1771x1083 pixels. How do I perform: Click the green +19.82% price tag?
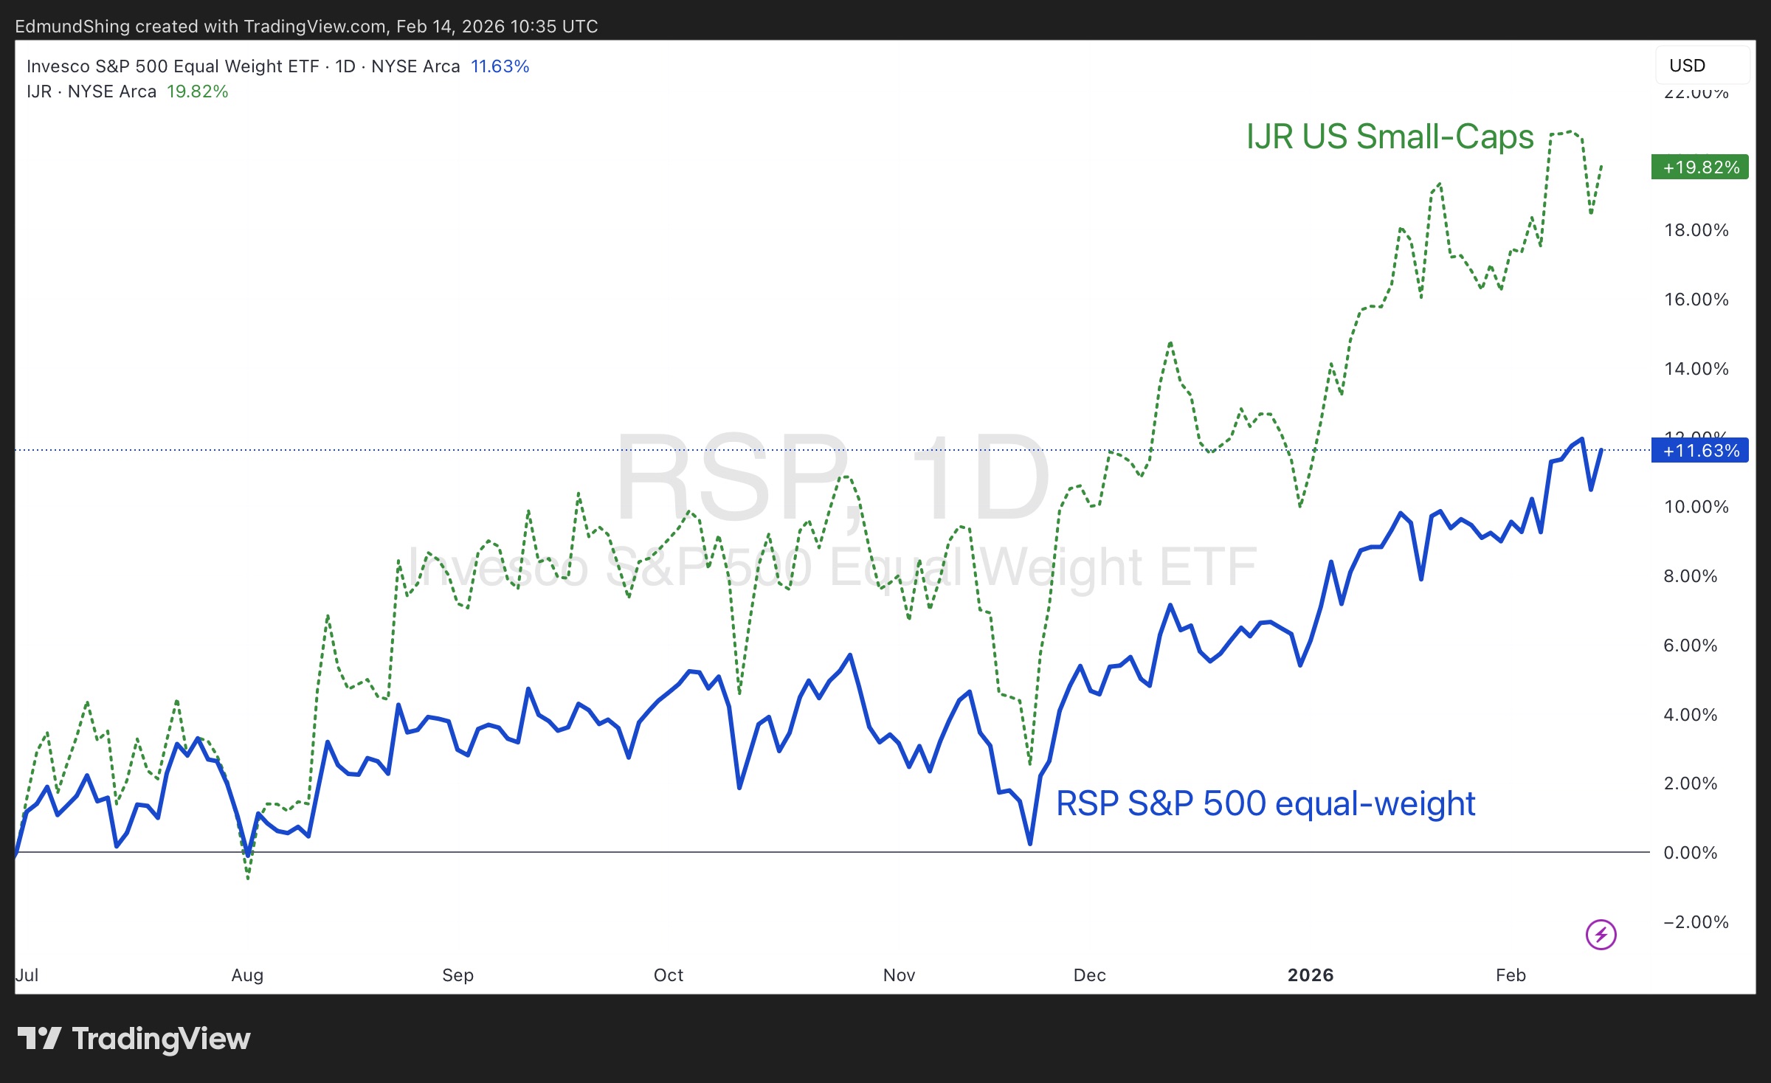coord(1699,167)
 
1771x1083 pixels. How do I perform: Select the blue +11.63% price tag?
coord(1699,451)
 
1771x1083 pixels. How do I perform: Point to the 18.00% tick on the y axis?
coord(1696,230)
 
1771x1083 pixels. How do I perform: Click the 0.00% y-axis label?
coord(1690,853)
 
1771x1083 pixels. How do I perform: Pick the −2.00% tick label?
coord(1696,922)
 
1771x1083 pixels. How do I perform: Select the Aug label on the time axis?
coord(247,975)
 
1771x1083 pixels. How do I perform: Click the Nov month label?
coord(899,975)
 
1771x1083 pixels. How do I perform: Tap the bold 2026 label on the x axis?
coord(1311,975)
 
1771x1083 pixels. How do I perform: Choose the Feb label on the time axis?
coord(1511,975)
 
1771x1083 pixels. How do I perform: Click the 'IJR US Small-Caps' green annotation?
coord(1390,137)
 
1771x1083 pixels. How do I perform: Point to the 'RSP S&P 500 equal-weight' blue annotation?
coord(1266,803)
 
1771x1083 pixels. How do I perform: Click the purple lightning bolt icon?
coord(1601,935)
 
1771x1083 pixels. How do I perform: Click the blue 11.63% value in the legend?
coord(500,66)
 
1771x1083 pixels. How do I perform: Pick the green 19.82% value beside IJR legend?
coord(197,91)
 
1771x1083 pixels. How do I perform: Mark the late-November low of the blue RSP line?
coord(1029,842)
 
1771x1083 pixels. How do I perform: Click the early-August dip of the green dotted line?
coord(248,878)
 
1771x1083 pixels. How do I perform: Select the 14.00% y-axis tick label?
coord(1696,369)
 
